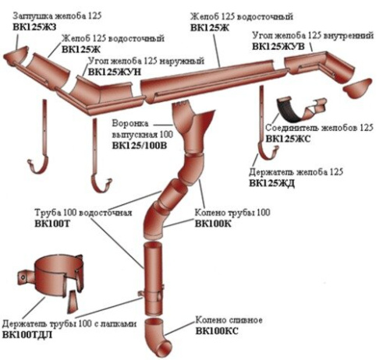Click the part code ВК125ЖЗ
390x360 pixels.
pos(34,27)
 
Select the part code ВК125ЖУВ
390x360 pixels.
pos(278,47)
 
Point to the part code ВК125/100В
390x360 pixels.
pos(140,146)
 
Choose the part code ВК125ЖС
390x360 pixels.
pos(288,139)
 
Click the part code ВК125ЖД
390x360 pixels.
pos(271,183)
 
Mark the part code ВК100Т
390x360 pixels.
pos(52,224)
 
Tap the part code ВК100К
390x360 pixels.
pos(213,224)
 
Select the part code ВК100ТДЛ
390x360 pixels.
pos(27,335)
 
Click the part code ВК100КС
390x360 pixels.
pos(217,331)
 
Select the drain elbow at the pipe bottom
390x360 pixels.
pos(157,337)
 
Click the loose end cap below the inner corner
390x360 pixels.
pos(357,88)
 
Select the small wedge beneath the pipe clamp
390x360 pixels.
pos(73,302)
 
